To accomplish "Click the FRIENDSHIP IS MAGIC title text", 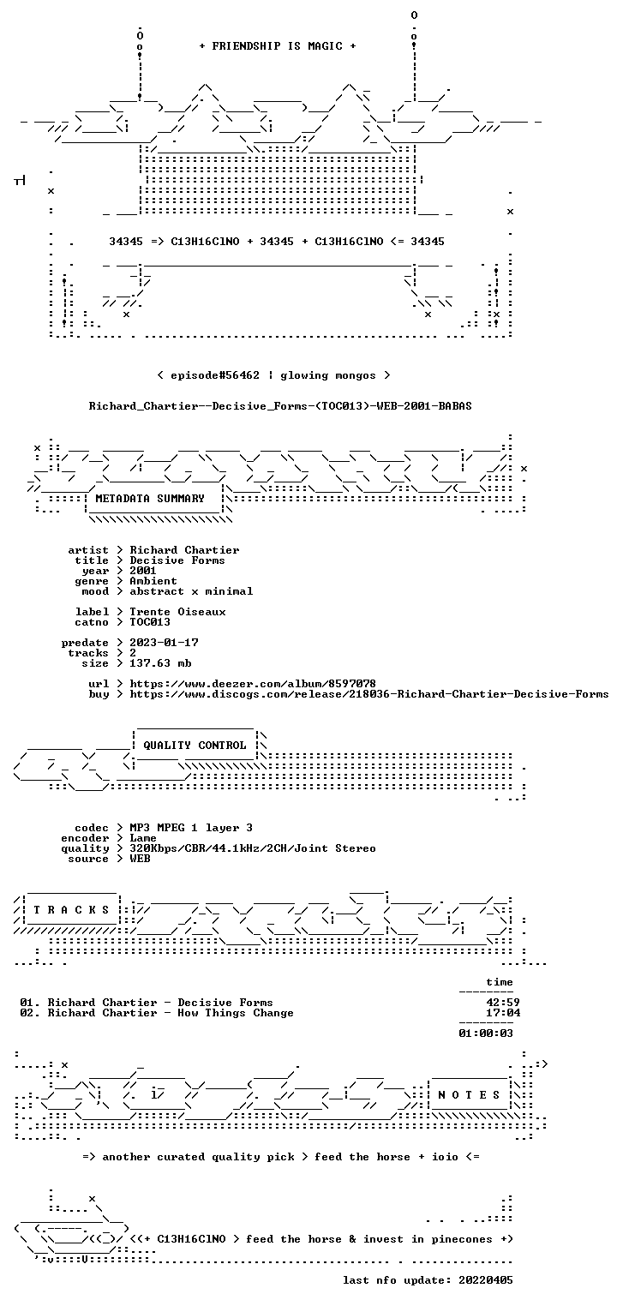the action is (278, 46).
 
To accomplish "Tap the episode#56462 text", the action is (214, 375).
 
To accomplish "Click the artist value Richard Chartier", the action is (184, 550).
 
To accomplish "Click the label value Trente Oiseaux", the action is (177, 612).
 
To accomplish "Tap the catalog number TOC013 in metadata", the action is (150, 622).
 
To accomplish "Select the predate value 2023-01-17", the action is (164, 643).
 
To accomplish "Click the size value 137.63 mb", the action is (160, 663).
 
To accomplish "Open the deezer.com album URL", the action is (253, 683).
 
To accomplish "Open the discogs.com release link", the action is (369, 694).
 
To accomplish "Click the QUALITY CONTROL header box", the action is (195, 745).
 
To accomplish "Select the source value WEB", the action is (140, 858).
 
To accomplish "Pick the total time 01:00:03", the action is (486, 1033).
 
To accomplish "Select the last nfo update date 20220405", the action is (486, 1279).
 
